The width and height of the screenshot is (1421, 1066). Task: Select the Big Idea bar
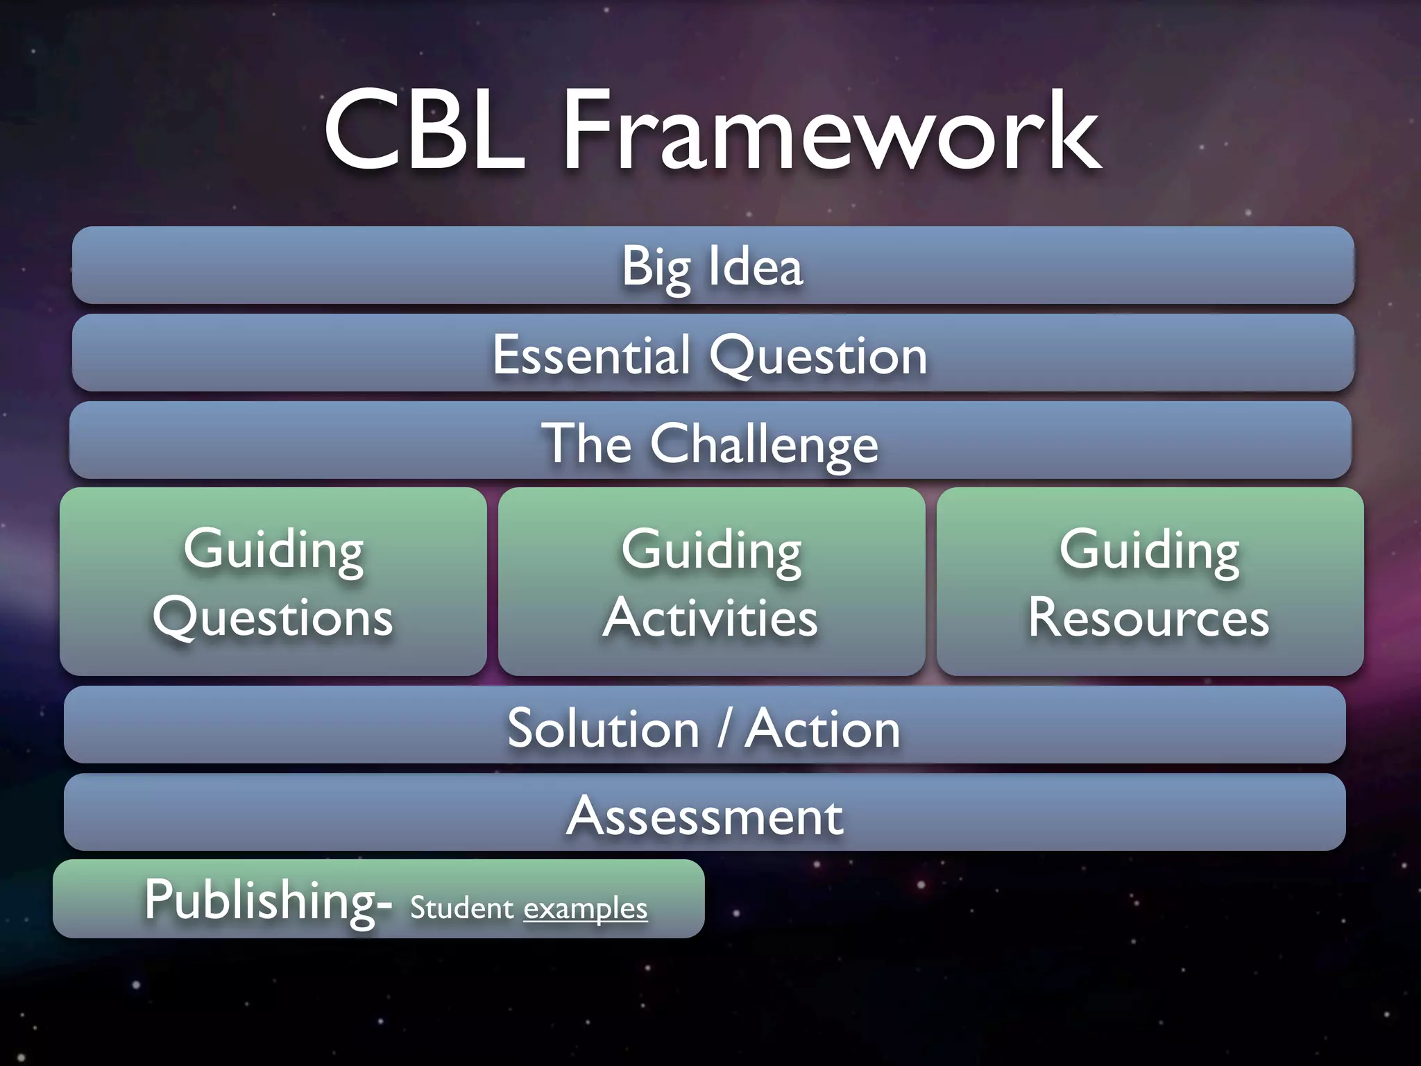[x=713, y=266]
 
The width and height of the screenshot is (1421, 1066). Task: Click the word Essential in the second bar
[x=591, y=354]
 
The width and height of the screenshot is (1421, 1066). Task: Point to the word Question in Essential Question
[x=818, y=355]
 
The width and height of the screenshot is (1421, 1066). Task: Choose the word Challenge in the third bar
[x=764, y=444]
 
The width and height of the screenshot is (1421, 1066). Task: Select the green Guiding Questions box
[x=273, y=582]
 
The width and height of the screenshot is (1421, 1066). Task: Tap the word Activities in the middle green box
[x=710, y=618]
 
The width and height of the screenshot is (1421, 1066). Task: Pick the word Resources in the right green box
[x=1149, y=618]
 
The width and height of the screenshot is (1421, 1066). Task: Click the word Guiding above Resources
[x=1149, y=550]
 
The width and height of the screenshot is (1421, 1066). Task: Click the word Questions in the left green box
[x=273, y=618]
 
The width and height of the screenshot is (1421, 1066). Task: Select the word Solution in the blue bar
[x=604, y=729]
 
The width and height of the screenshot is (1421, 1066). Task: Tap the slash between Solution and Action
[x=724, y=729]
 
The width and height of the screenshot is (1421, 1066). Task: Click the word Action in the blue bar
[x=823, y=729]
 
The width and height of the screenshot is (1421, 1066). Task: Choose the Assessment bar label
[x=705, y=816]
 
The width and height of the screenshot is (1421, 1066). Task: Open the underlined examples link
[x=585, y=908]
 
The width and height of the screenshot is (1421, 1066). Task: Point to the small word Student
[x=461, y=908]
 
